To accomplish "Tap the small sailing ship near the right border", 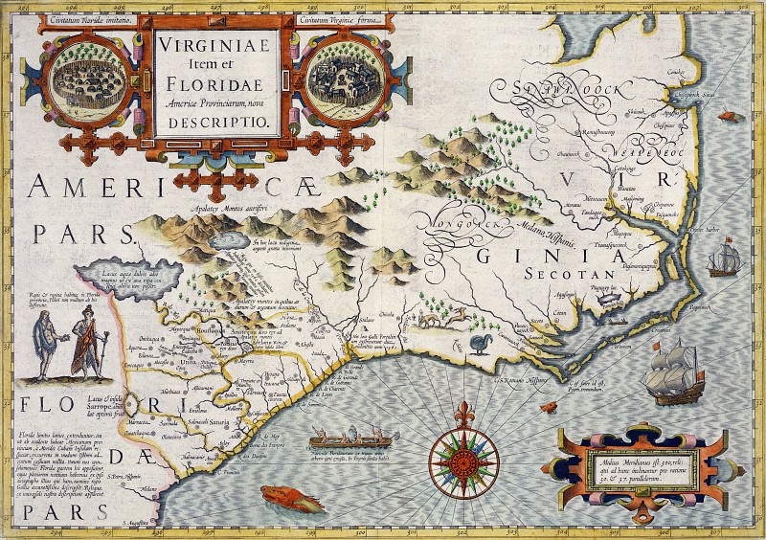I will tap(721, 259).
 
